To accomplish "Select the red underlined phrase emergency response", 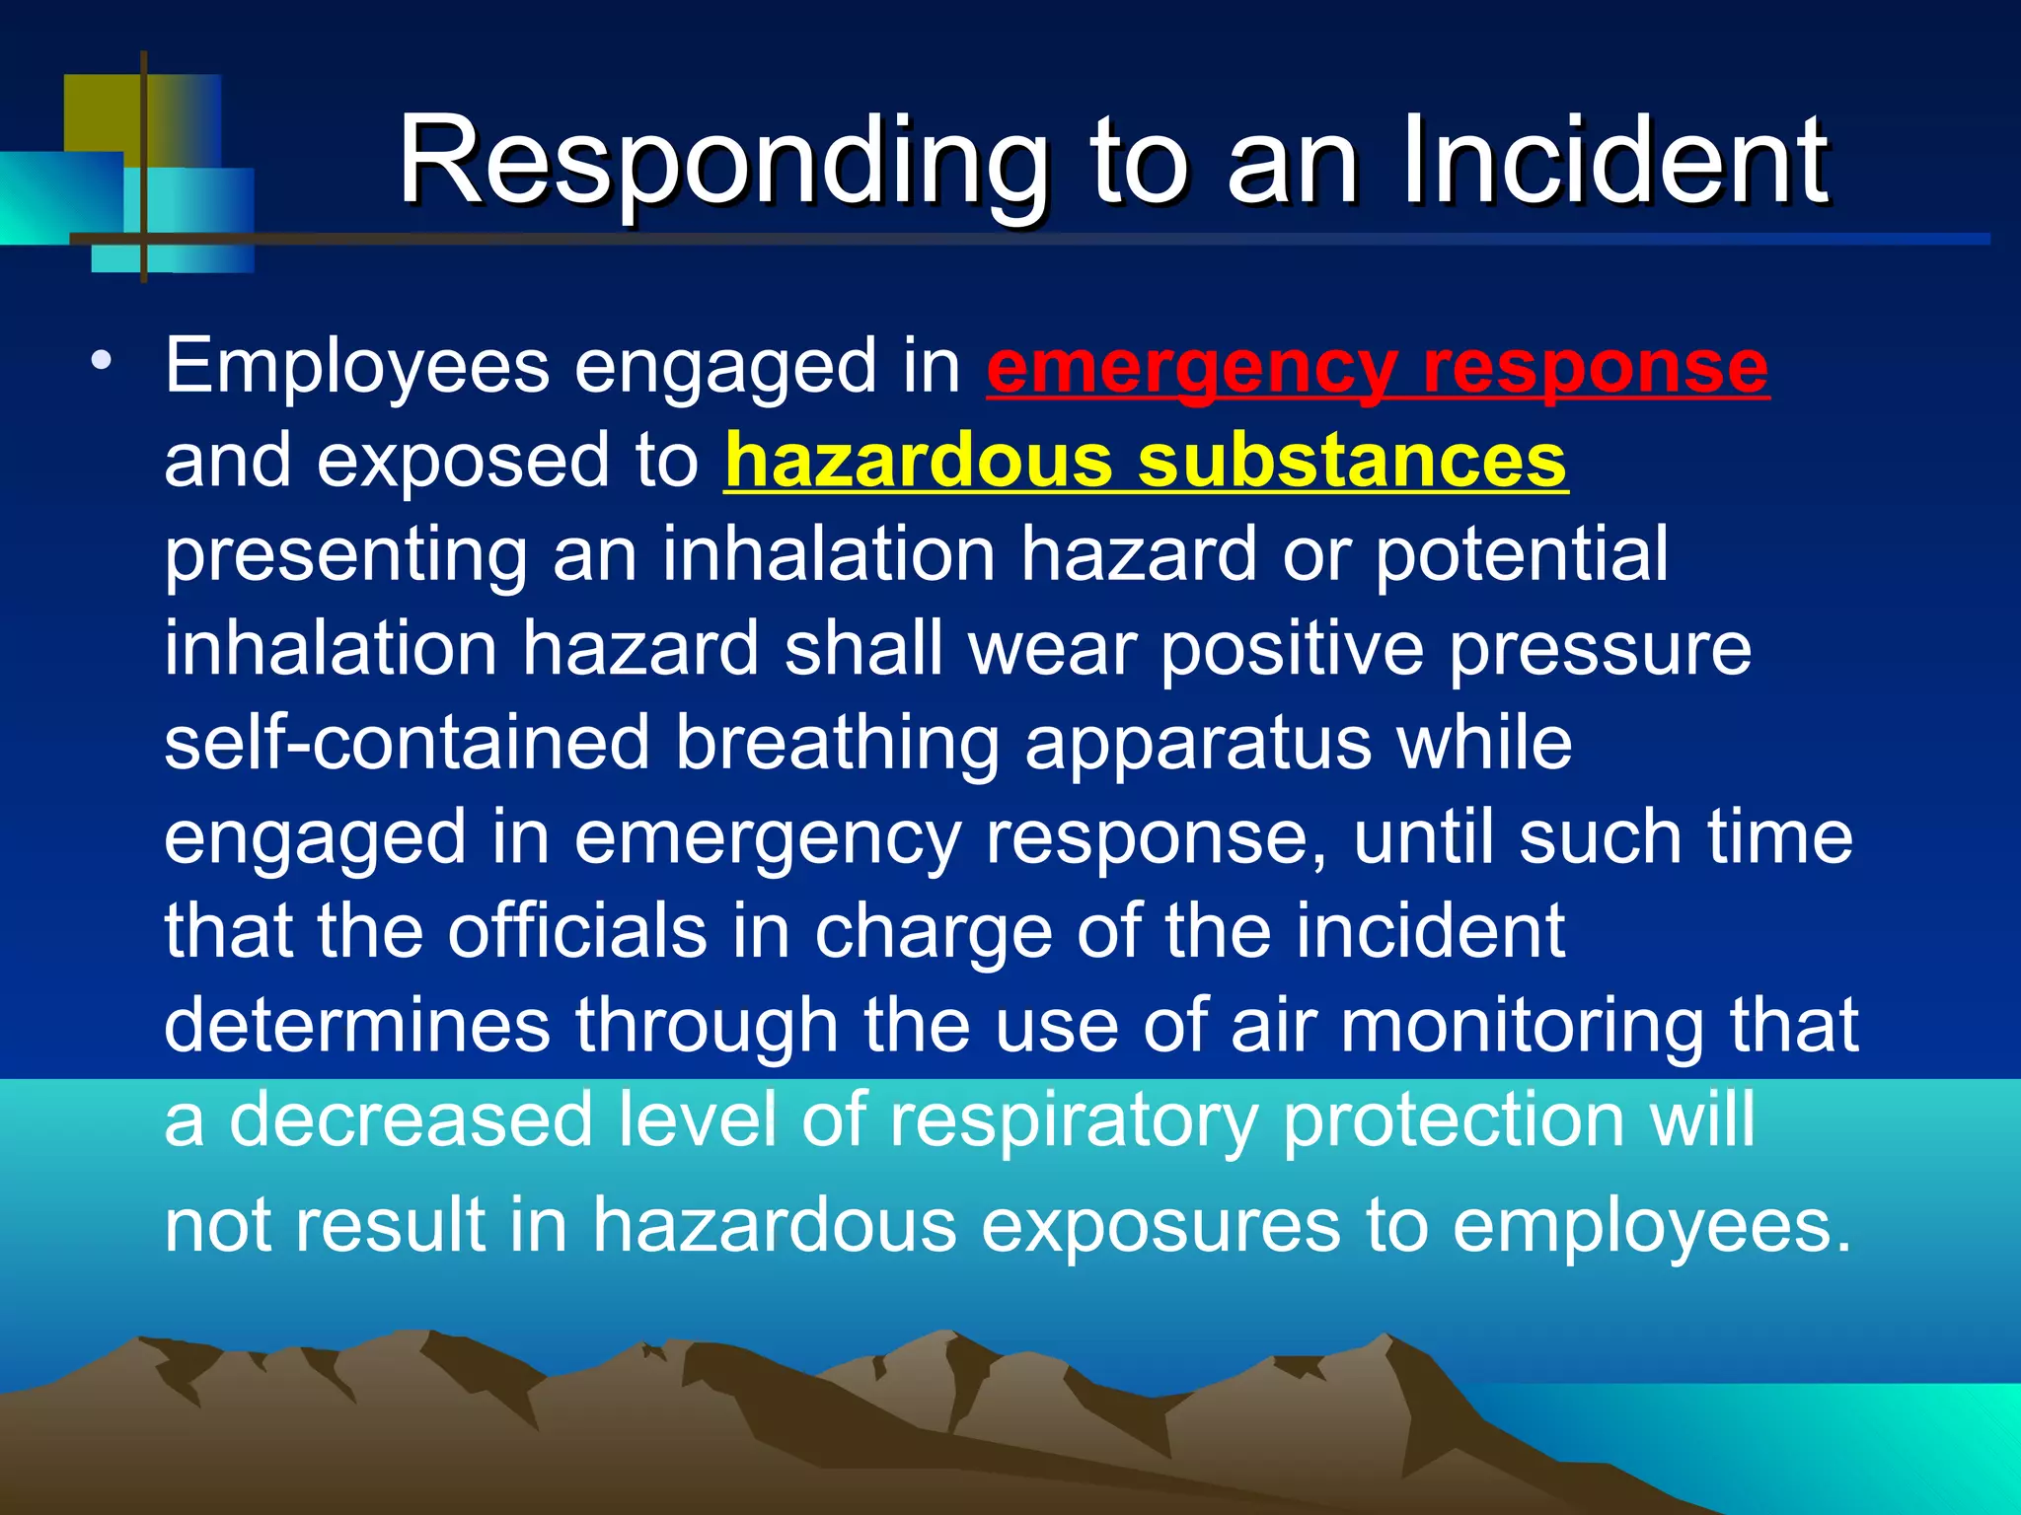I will [1378, 368].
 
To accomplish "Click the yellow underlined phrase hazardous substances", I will [1146, 461].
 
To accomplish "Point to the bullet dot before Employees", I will [100, 361].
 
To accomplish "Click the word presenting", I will [345, 555].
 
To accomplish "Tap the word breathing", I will [837, 743].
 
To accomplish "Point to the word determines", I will [356, 1025].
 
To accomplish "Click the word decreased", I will [411, 1119].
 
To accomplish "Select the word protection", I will [1453, 1120].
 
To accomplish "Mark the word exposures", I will [1160, 1226].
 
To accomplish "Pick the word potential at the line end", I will [1521, 555].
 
